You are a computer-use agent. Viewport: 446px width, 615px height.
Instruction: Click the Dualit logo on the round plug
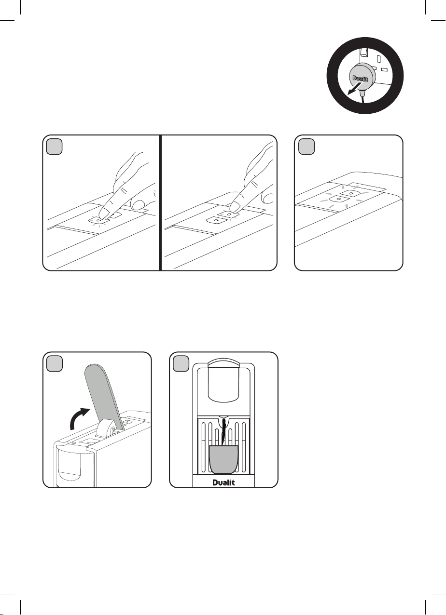click(x=360, y=79)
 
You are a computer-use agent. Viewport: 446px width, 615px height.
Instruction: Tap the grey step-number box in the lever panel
click(x=54, y=364)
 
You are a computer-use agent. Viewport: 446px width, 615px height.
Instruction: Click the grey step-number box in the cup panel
click(x=181, y=364)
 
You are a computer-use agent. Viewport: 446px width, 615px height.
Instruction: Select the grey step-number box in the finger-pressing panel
click(x=54, y=147)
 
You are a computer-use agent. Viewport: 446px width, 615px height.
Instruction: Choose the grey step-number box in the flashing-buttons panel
click(x=307, y=147)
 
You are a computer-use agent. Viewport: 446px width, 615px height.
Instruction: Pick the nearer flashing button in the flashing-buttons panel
click(x=337, y=199)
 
